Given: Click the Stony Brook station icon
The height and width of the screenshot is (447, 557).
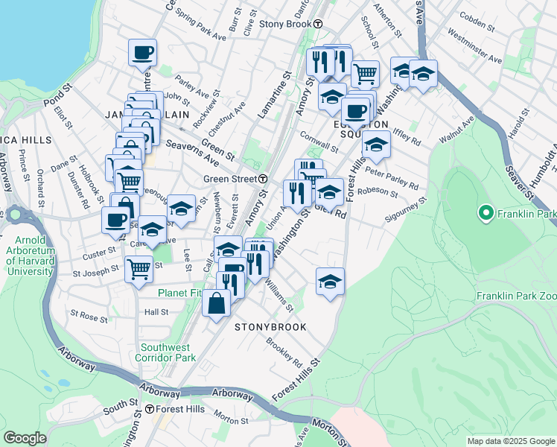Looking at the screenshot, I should coord(318,24).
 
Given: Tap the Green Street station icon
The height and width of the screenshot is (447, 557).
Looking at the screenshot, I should coord(264,179).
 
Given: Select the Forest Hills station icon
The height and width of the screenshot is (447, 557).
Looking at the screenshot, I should coord(150,409).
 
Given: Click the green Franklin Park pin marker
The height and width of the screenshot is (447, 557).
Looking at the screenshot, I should coord(486,215).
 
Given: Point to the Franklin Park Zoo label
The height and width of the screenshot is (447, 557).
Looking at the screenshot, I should coord(516,296).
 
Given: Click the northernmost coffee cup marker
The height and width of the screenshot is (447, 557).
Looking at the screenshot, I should coord(142,53).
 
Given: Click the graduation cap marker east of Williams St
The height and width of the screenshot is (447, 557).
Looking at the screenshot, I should coord(330,282).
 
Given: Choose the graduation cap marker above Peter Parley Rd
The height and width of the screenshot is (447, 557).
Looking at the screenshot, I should coord(376,145).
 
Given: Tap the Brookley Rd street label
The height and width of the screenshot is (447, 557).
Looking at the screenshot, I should coord(287,354).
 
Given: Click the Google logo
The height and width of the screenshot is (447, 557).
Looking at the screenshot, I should coord(25,439).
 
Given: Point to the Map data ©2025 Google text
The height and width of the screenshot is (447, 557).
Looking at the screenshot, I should coord(510,441).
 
